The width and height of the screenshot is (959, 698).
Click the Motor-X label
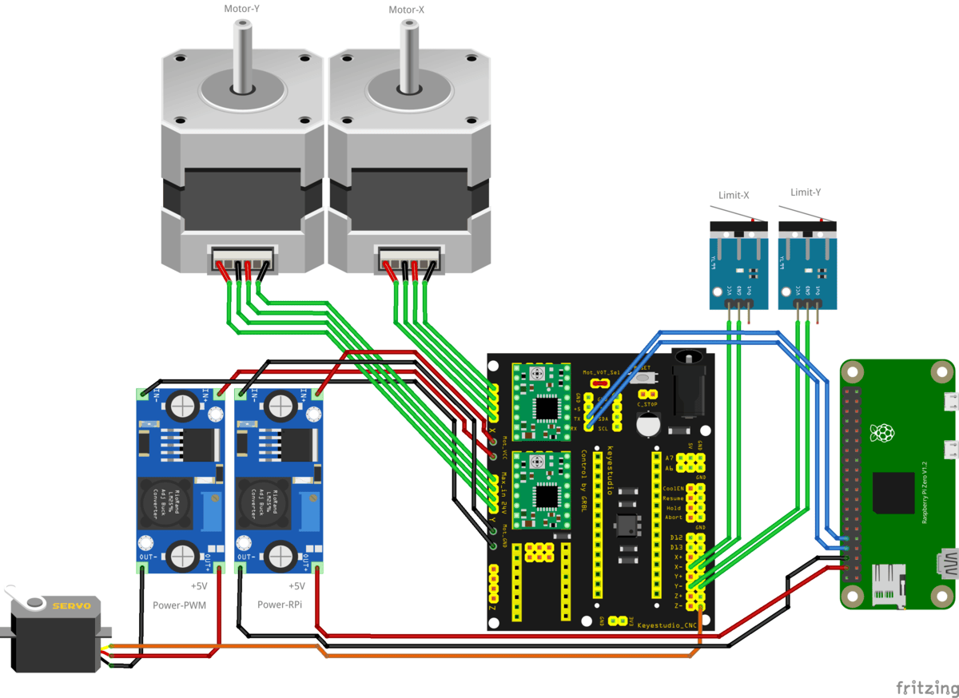pyautogui.click(x=408, y=10)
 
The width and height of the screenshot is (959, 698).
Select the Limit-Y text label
pyautogui.click(x=806, y=192)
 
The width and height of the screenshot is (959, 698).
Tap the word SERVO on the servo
pyautogui.click(x=71, y=606)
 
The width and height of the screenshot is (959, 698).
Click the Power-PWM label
pyautogui.click(x=179, y=605)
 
